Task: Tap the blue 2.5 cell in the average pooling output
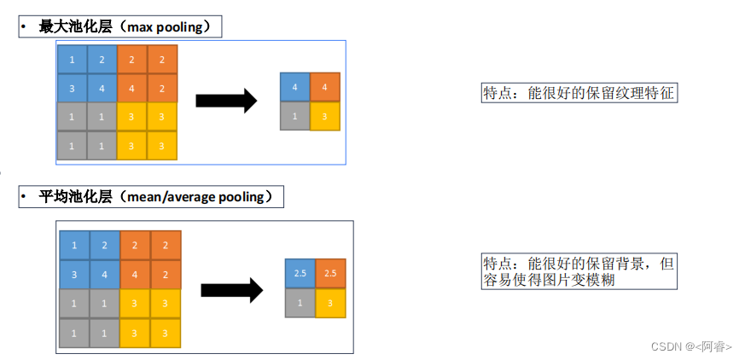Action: (300, 273)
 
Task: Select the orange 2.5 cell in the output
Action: (330, 273)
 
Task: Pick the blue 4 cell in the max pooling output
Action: (294, 87)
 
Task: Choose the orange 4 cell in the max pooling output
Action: (325, 87)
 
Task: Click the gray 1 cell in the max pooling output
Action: (294, 116)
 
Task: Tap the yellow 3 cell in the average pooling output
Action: (330, 303)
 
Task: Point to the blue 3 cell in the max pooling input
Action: (72, 88)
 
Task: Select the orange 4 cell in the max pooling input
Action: (131, 88)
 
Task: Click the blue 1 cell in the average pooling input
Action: (74, 246)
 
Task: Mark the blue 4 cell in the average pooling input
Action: (105, 275)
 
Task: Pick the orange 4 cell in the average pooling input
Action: (136, 275)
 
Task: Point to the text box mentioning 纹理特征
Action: (579, 93)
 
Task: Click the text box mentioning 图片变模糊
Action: (579, 271)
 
